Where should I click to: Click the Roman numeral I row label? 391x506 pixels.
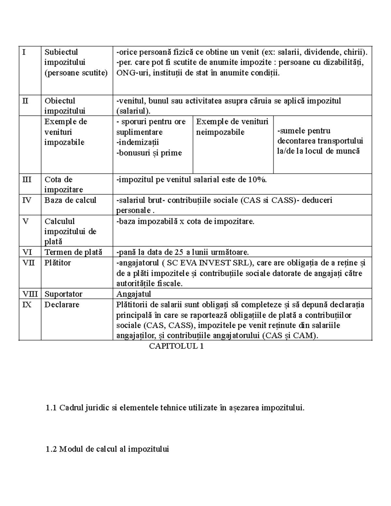pos(23,52)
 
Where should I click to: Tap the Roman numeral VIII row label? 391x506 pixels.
pos(30,294)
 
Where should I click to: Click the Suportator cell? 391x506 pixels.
pos(63,294)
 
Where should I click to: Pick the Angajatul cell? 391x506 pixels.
pos(134,294)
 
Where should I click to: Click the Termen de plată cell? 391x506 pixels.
pos(73,252)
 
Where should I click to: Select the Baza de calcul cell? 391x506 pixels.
pos(70,200)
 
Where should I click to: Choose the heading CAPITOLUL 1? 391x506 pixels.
pos(176,346)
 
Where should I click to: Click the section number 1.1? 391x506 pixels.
pos(51,408)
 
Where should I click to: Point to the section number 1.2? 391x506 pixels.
pos(51,449)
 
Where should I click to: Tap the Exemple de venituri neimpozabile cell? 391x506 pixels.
pos(232,127)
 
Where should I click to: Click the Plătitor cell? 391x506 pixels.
pos(58,263)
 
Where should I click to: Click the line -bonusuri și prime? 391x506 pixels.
pos(149,153)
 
